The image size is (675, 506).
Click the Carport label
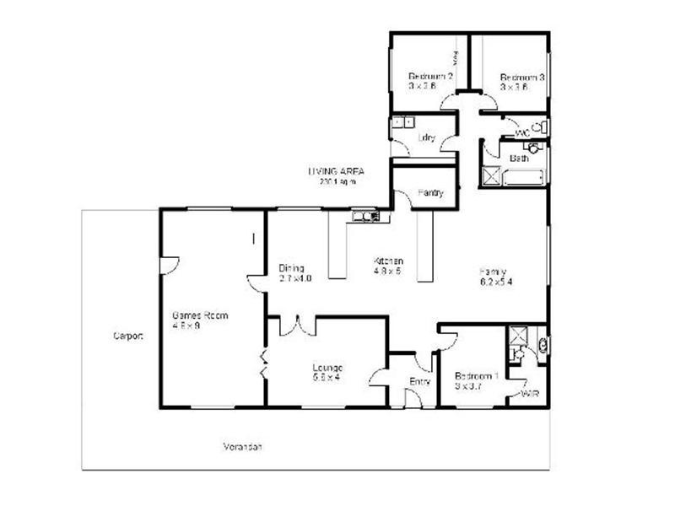[128, 336]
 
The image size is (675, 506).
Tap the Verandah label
[243, 446]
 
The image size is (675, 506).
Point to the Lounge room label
[326, 367]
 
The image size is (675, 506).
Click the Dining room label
[291, 269]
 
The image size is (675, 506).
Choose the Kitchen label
[389, 261]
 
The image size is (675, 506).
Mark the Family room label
[493, 272]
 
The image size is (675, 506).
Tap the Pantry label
[430, 193]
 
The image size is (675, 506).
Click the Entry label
[419, 382]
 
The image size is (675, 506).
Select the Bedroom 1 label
[477, 376]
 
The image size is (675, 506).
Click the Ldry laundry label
[426, 138]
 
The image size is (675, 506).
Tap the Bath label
[519, 158]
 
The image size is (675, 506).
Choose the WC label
[521, 132]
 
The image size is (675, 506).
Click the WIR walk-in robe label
[531, 394]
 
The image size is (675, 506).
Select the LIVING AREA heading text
[336, 171]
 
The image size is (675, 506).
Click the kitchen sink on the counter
[365, 217]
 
